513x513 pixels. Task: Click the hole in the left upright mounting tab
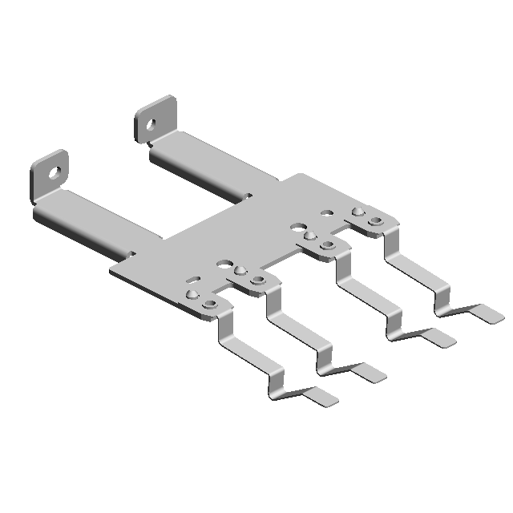pos(55,172)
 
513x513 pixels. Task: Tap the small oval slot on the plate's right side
pos(327,213)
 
